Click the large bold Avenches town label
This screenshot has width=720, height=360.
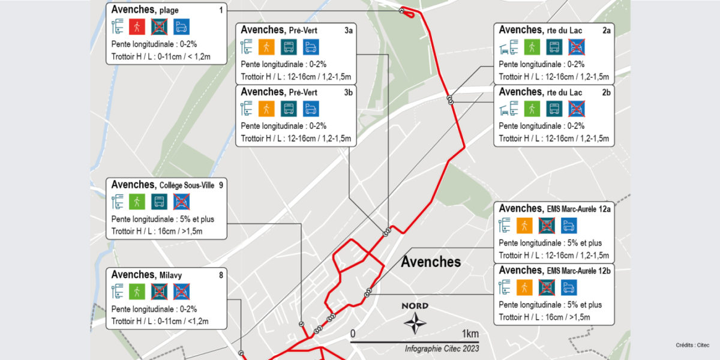(431, 262)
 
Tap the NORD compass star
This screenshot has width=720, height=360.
(415, 322)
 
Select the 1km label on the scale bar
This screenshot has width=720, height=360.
(470, 334)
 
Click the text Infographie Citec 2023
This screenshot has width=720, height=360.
(442, 349)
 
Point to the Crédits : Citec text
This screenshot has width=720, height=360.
(693, 345)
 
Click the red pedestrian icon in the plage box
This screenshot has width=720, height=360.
(137, 26)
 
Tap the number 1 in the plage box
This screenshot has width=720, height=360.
(221, 11)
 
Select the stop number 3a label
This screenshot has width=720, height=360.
(349, 30)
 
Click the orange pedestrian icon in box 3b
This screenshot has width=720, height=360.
(266, 109)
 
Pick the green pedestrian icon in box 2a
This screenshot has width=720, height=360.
(531, 47)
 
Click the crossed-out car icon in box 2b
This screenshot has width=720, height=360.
(577, 109)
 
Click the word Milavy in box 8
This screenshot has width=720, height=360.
(170, 275)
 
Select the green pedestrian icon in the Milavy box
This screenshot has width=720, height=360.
(137, 292)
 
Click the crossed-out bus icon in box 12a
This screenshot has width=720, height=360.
(546, 225)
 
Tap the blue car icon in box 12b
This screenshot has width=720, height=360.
(569, 287)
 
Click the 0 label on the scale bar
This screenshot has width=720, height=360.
(353, 334)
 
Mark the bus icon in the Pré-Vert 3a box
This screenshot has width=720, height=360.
(289, 47)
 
